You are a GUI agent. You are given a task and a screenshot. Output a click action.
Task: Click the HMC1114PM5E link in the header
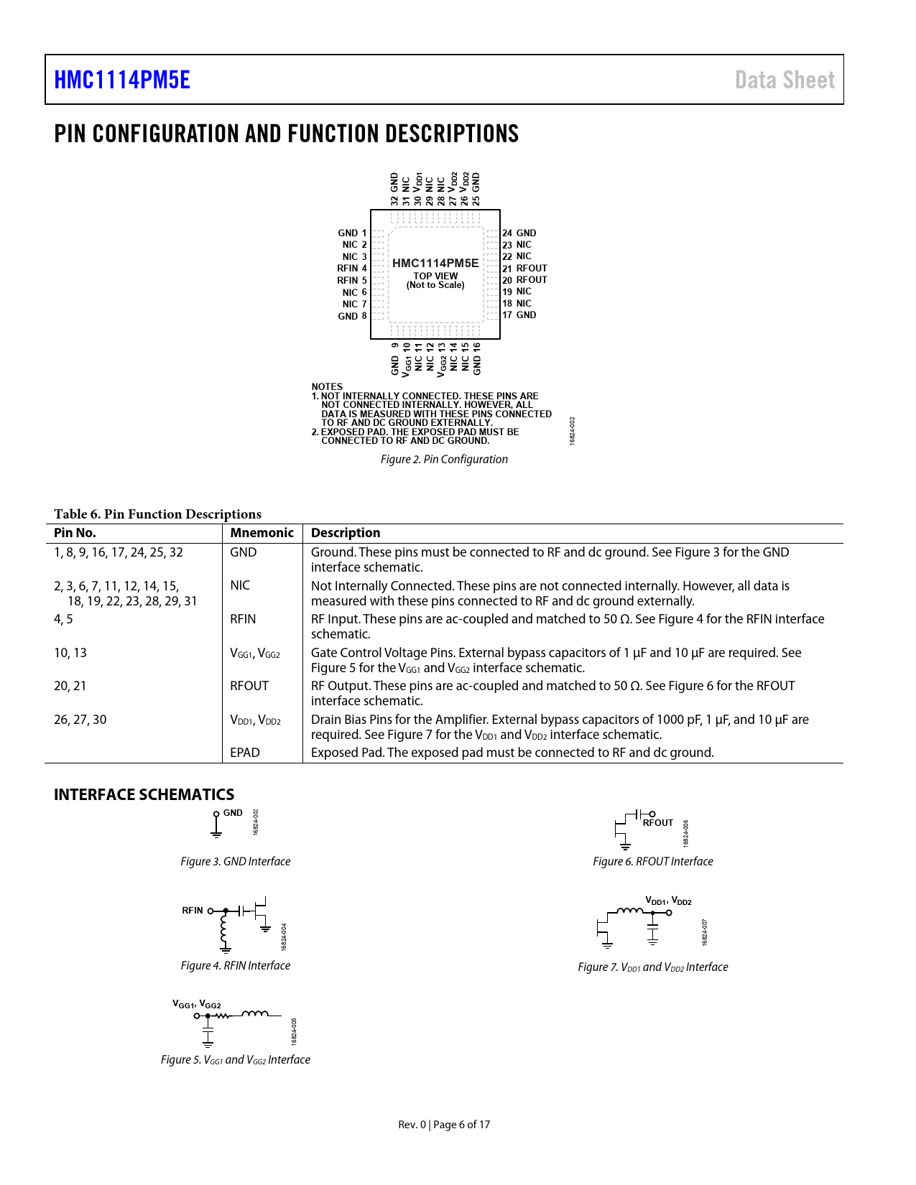coord(122,80)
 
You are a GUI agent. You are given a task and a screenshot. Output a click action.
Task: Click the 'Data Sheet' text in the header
coord(785,80)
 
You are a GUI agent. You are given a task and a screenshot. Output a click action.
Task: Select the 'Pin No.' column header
coord(75,533)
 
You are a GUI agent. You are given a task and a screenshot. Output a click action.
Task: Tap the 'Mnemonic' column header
coord(262,533)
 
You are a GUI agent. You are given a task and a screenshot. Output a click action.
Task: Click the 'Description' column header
coord(346,533)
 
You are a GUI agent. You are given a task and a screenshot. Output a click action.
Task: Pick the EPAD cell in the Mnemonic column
coord(245,753)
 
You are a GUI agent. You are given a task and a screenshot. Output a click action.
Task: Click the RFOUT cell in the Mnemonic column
coord(249,686)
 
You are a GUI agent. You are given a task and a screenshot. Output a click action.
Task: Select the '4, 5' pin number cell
coord(63,619)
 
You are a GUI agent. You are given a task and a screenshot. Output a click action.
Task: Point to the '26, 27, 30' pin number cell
coord(80,720)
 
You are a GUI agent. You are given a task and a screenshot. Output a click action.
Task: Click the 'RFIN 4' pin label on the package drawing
coord(352,269)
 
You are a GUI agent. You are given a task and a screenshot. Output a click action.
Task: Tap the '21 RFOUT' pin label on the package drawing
coord(524,269)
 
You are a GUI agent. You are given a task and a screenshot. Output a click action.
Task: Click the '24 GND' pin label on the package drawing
coord(519,233)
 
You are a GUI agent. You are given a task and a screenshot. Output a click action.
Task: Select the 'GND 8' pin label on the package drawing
coord(352,316)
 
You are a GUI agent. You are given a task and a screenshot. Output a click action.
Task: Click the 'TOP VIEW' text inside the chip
coord(435,276)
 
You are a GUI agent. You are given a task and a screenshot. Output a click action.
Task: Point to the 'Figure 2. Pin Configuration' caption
coord(444,460)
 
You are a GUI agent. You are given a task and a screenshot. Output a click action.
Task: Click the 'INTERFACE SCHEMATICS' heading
coord(144,794)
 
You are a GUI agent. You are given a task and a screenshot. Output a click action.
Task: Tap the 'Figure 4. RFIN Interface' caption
coord(236,966)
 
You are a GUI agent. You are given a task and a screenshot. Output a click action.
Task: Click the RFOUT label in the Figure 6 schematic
coord(658,823)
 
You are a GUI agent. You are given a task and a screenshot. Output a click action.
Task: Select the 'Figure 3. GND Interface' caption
coord(236,862)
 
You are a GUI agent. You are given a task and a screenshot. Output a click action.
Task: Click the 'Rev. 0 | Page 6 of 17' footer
coord(444,1125)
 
